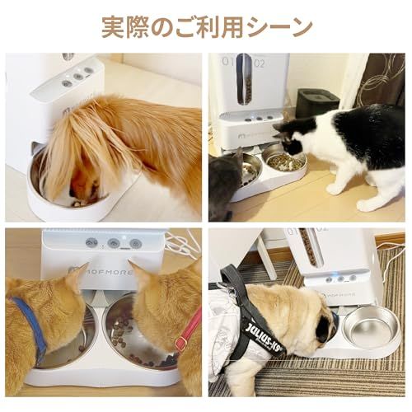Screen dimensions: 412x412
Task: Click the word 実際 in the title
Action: click(120, 26)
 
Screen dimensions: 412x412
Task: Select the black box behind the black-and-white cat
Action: click(316, 104)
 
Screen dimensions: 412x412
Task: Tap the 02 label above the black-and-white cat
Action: click(260, 61)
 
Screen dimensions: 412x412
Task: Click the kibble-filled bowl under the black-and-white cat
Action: click(285, 162)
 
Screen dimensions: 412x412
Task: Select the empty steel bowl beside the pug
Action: click(370, 327)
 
